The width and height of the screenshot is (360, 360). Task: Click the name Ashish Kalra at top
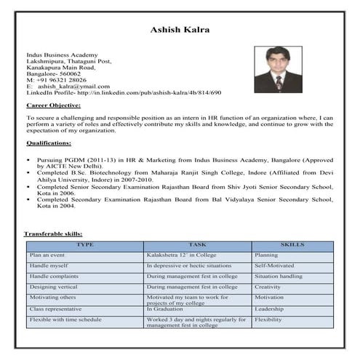pos(179,30)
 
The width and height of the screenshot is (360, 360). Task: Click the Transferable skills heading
pos(59,233)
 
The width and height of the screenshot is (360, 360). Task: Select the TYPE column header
pos(85,244)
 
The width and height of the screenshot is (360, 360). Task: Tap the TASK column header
pos(197,244)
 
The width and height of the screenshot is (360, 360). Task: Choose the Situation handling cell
pos(279,276)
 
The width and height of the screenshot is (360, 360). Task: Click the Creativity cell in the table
pos(268,287)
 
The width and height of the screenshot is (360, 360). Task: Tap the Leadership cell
pos(271,308)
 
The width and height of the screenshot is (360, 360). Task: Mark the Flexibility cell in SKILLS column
pos(268,319)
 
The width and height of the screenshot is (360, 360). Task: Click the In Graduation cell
pos(167,308)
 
